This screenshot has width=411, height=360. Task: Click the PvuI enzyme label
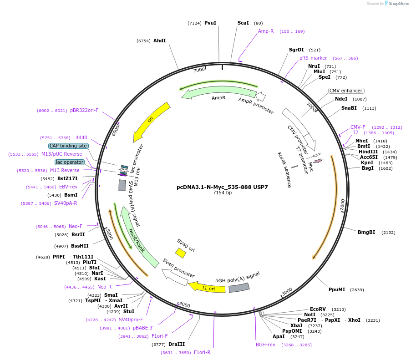tap(210, 23)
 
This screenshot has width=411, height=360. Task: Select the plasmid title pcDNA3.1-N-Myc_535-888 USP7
tap(222, 187)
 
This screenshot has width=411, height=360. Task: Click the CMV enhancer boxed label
tap(346, 91)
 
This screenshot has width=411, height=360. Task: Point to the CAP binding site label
tap(68, 146)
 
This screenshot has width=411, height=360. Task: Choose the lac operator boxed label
tap(70, 162)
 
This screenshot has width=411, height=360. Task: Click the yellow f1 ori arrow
tap(207, 287)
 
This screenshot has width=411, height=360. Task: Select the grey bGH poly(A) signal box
tap(239, 287)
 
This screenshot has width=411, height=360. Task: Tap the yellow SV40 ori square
tap(181, 253)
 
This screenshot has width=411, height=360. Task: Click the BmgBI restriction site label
tap(366, 232)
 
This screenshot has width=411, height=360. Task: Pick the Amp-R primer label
tap(266, 31)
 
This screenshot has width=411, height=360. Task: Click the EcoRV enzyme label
tap(318, 309)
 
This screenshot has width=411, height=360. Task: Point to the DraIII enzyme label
tap(177, 344)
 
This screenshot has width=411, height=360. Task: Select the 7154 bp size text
tap(222, 193)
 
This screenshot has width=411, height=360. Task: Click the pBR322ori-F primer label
tap(84, 110)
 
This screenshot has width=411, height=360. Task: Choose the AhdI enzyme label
tap(159, 41)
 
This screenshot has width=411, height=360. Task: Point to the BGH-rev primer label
tap(265, 345)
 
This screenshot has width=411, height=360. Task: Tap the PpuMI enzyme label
tap(337, 289)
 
